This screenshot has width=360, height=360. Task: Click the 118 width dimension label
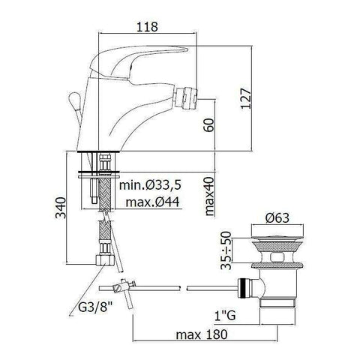click(x=148, y=27)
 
